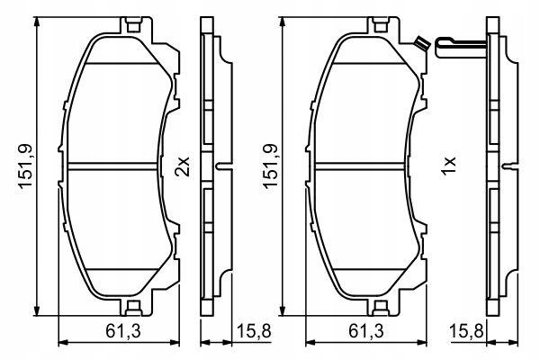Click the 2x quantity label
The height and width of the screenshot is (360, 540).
(x=183, y=167)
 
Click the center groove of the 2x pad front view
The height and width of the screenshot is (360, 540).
(x=116, y=166)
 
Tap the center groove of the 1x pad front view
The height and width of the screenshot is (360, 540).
(x=364, y=166)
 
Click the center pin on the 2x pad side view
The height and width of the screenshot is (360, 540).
(x=223, y=167)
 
